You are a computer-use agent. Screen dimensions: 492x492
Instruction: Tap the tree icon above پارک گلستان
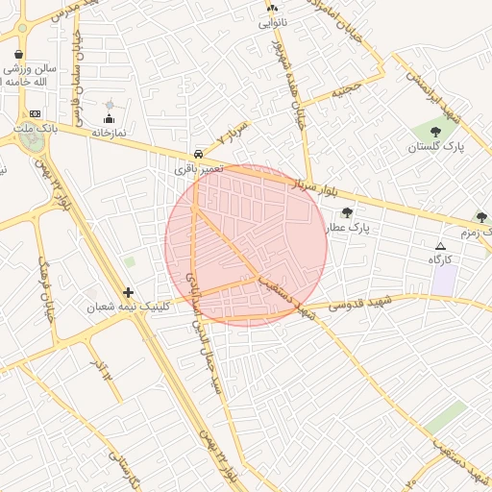click(x=435, y=132)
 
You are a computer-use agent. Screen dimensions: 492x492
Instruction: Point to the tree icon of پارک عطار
click(x=347, y=212)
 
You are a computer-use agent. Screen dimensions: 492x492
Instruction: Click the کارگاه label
click(x=441, y=259)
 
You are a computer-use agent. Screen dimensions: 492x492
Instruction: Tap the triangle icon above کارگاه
click(x=441, y=246)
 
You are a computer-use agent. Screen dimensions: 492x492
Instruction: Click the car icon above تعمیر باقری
click(x=198, y=153)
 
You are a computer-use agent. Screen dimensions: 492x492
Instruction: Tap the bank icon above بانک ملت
click(x=36, y=113)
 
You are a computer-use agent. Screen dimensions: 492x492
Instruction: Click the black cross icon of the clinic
click(x=128, y=292)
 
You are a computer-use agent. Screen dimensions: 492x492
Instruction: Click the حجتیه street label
click(x=347, y=91)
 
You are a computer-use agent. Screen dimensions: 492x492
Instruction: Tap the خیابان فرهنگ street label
click(x=46, y=287)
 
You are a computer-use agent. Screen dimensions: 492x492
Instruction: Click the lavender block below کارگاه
click(x=443, y=280)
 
